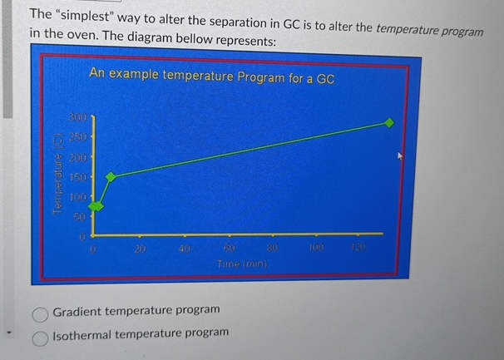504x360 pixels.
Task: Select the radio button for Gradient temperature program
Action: pos(39,314)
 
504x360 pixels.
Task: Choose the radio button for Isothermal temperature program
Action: pos(39,338)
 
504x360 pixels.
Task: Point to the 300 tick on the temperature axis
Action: pos(77,119)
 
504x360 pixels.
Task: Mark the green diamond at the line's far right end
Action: pos(388,122)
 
